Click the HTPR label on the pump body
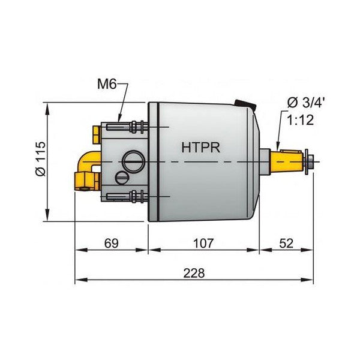(200, 146)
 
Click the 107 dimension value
(203, 244)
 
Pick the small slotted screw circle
(122, 178)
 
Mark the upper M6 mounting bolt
(129, 127)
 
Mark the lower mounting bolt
(129, 197)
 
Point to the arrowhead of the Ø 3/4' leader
(279, 147)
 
